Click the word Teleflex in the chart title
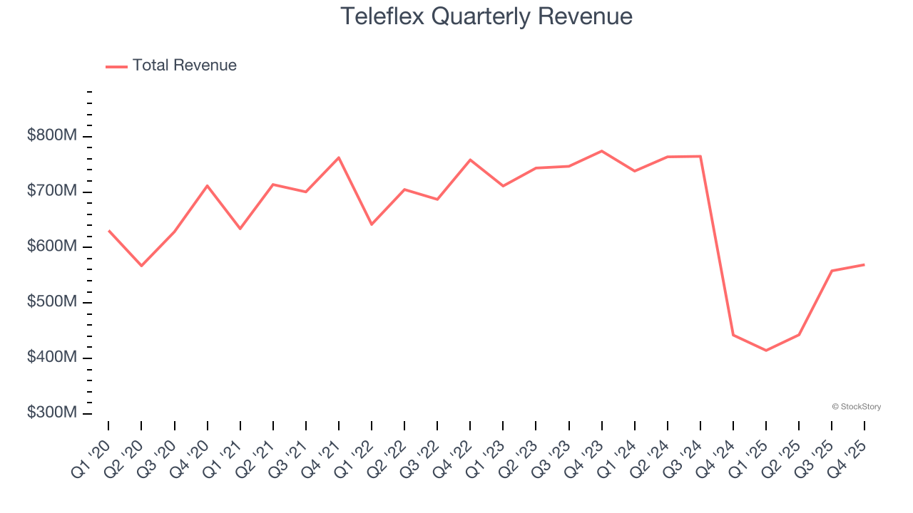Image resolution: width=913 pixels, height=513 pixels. click(x=384, y=16)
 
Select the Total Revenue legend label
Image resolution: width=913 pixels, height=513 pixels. click(x=184, y=66)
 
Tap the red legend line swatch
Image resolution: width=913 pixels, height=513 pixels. click(x=116, y=66)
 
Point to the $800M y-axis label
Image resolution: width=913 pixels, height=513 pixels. click(x=51, y=136)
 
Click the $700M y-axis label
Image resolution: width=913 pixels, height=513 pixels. click(x=51, y=192)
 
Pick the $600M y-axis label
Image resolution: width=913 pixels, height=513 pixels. click(x=51, y=247)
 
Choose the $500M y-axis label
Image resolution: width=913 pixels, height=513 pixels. click(x=51, y=302)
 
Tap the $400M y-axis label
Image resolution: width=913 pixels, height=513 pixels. click(x=51, y=357)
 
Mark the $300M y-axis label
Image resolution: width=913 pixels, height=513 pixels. click(x=51, y=413)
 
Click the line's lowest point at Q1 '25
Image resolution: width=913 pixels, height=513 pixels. click(x=766, y=351)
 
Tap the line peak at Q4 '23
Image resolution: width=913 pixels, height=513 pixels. click(x=601, y=151)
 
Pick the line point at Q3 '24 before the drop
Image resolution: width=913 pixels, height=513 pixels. click(x=700, y=156)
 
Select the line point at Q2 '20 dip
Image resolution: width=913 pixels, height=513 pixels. click(x=141, y=266)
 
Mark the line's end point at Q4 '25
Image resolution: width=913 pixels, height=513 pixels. click(x=864, y=264)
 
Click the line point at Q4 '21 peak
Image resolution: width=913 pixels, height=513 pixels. click(x=339, y=157)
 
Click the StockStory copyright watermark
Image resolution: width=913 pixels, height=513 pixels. click(x=856, y=407)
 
